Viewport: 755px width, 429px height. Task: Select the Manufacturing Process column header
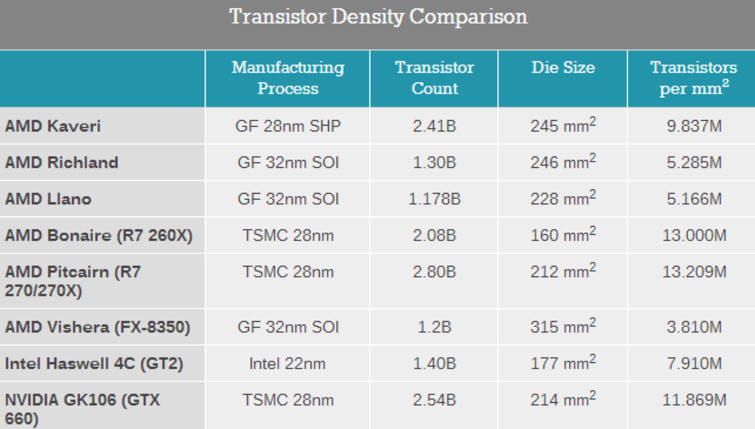click(287, 78)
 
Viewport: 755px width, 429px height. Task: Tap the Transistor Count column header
click(434, 78)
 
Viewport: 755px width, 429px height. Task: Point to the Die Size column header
click(563, 68)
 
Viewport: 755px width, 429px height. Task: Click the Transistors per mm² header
click(693, 78)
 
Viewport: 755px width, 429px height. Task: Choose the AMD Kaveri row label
click(53, 126)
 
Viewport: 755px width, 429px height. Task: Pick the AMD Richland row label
click(61, 163)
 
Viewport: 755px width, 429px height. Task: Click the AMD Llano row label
click(48, 199)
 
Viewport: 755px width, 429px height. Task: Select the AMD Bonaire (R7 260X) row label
click(98, 236)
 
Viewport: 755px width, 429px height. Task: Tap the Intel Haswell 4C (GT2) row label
click(94, 364)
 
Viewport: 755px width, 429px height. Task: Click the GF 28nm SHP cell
click(287, 126)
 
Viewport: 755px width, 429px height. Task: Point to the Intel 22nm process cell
click(287, 364)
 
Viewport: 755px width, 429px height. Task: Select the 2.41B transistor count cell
click(434, 126)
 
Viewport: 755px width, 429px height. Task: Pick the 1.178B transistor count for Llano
click(434, 199)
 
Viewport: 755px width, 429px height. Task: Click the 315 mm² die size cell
click(563, 327)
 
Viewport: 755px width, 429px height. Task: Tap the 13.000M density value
click(694, 236)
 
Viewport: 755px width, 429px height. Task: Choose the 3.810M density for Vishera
click(694, 327)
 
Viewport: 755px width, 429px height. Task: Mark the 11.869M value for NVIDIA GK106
click(694, 400)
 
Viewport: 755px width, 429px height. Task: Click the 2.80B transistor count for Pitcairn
click(434, 272)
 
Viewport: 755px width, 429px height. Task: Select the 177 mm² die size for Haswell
click(563, 363)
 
